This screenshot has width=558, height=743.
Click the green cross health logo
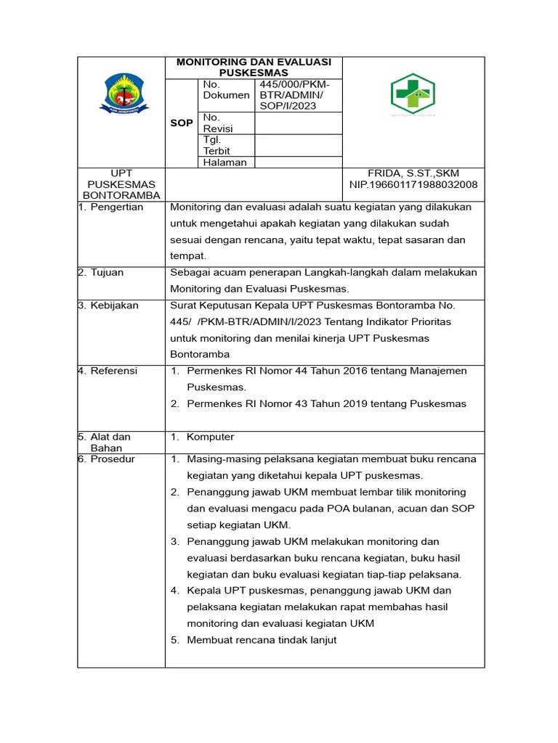[x=412, y=94]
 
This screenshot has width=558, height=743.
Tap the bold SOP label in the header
[x=182, y=123]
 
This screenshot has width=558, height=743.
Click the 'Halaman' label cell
[x=225, y=163]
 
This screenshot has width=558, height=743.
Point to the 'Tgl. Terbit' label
[x=217, y=145]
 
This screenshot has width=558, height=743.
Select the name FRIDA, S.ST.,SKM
[x=413, y=173]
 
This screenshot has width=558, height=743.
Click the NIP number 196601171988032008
[x=413, y=185]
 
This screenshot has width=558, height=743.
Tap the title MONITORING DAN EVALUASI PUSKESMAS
[x=254, y=67]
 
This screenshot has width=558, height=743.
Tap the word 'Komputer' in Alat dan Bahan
[x=211, y=437]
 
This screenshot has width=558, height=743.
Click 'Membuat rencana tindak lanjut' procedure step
[x=262, y=640]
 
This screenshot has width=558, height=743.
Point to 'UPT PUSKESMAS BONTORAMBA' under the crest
[x=121, y=184]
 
